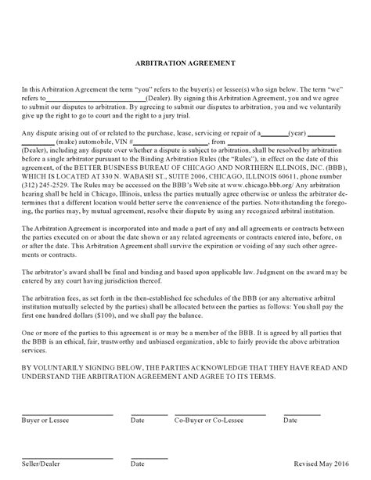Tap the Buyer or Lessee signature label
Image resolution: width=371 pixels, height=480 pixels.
(41, 420)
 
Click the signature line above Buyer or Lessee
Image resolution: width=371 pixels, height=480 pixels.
(66, 413)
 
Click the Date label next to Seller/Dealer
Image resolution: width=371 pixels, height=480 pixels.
(138, 464)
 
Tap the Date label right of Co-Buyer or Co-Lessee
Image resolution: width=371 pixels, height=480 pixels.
(290, 420)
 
